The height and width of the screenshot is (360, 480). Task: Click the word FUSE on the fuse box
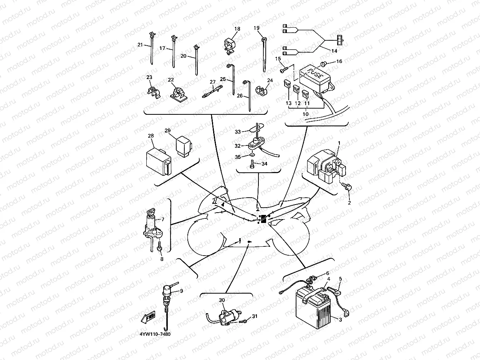pos(315,73)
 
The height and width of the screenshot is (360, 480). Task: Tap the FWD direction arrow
pos(148,317)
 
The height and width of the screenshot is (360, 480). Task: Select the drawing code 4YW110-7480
pos(155,334)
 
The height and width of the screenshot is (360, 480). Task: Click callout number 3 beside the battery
pos(340,320)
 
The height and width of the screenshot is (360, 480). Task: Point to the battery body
pos(313,309)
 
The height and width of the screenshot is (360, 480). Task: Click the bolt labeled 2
pos(347,186)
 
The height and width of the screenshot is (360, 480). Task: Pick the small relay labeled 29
pos(184,146)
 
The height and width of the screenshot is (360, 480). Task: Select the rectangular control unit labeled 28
pos(158,163)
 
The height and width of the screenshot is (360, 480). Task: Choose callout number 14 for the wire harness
pos(334,51)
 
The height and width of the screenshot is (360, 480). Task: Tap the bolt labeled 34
pos(252,164)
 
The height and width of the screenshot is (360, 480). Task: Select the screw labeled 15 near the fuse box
pos(284,69)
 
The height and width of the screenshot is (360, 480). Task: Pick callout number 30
pos(222,300)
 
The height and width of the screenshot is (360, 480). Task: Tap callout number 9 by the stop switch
pos(181,291)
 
